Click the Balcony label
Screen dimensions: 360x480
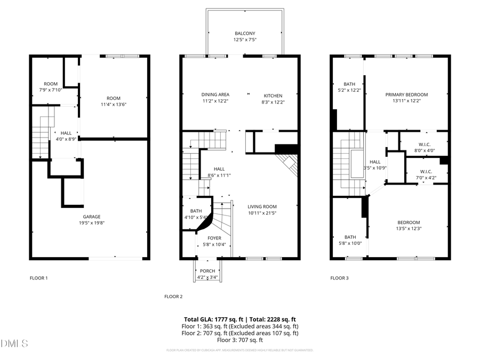tap(245, 36)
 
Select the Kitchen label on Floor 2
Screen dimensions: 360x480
tap(273, 95)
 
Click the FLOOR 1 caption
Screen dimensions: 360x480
tap(38, 278)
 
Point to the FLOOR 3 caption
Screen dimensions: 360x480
tap(339, 278)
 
